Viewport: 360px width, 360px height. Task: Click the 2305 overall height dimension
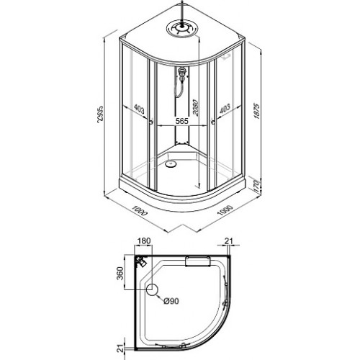pyautogui.click(x=100, y=114)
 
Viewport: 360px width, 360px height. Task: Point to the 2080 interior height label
pyautogui.click(x=196, y=108)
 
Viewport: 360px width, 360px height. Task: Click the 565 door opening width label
pyautogui.click(x=181, y=121)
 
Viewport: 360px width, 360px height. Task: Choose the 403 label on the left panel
pyautogui.click(x=139, y=109)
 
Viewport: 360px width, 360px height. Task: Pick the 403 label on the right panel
pyautogui.click(x=225, y=109)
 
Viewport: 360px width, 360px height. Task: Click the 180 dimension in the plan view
pyautogui.click(x=144, y=240)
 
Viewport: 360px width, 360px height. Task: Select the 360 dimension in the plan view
pyautogui.click(x=120, y=273)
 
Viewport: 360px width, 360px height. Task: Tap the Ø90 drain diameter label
pyautogui.click(x=171, y=301)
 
